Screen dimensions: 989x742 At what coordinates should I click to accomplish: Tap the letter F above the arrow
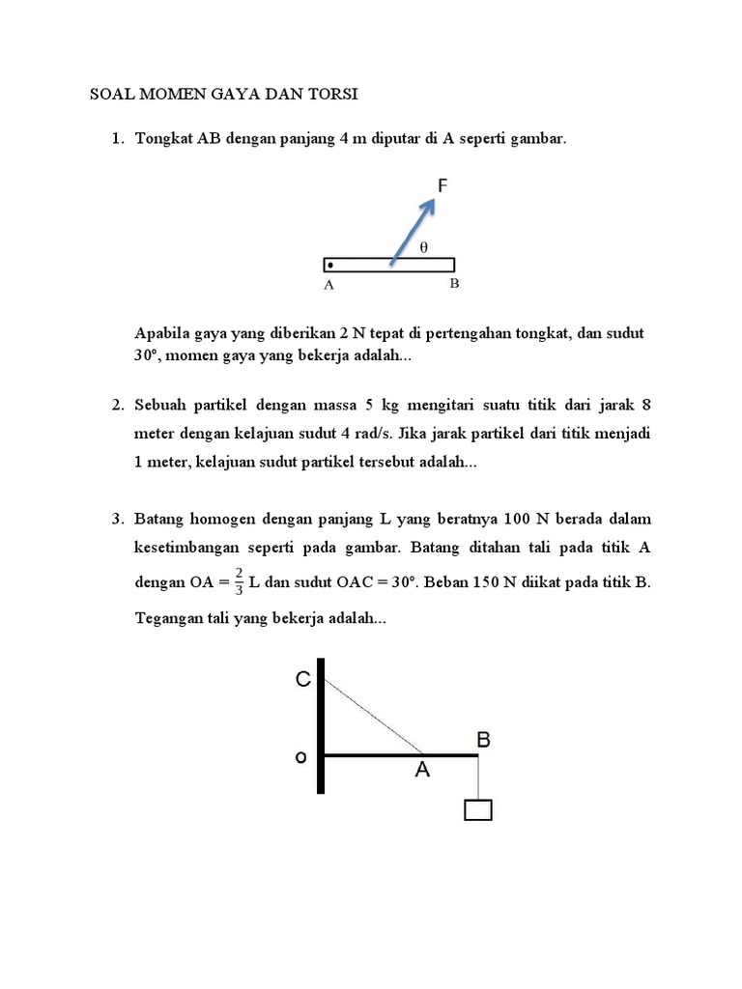442,186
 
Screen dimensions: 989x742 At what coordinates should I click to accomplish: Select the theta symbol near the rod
423,247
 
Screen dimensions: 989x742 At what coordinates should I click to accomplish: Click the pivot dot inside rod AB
330,265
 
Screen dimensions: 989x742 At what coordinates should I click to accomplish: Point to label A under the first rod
328,285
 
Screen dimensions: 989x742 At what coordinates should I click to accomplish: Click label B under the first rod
453,284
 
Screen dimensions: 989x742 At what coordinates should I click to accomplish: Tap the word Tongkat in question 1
163,139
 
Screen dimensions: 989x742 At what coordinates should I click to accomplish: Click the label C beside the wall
303,681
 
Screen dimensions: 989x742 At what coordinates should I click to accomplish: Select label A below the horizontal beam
422,771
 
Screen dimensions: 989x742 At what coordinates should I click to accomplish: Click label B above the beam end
484,740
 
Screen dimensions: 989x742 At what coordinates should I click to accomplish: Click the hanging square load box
478,809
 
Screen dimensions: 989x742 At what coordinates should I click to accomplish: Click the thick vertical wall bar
320,724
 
